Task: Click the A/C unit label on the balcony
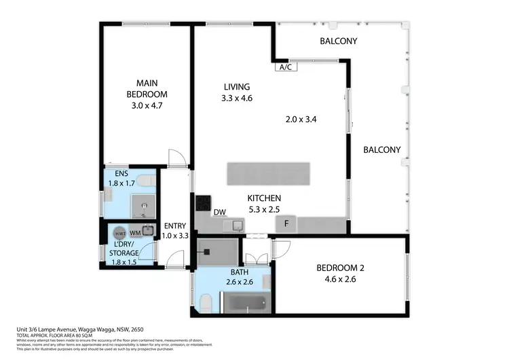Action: (x=283, y=67)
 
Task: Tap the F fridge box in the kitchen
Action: (x=286, y=223)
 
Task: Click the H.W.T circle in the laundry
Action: (x=119, y=232)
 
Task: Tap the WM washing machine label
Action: (x=135, y=232)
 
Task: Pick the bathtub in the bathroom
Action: (x=246, y=302)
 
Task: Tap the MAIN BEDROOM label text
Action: (x=147, y=88)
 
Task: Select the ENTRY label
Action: (x=175, y=226)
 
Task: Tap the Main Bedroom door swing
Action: (x=176, y=157)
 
